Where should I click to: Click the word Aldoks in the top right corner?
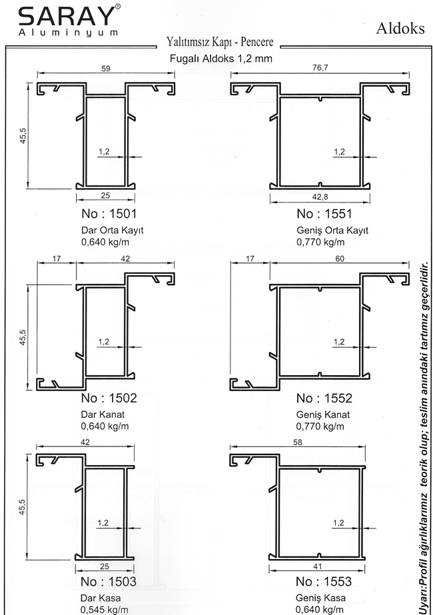coord(400,28)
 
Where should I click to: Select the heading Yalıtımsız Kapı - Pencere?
coord(220,41)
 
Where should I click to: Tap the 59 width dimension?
coord(106,68)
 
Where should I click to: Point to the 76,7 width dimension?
coord(320,68)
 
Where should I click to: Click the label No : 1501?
coord(109,214)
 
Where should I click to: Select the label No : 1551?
coord(324,214)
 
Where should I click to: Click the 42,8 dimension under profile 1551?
coord(320,197)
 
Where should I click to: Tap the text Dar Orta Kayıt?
coord(112,231)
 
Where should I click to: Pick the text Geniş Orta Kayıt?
coord(332,231)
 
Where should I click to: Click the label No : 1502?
coord(109,398)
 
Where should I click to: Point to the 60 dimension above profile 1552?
coord(340,259)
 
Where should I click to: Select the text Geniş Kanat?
coord(323,414)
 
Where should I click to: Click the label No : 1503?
coord(108,581)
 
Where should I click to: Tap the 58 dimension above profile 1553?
coord(298,442)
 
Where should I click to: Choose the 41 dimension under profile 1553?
coord(318,566)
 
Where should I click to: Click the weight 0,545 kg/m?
coord(104,610)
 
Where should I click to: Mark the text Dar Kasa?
coord(101,598)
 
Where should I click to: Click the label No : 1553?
coord(324,581)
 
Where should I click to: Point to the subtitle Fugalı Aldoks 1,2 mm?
coord(220,59)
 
